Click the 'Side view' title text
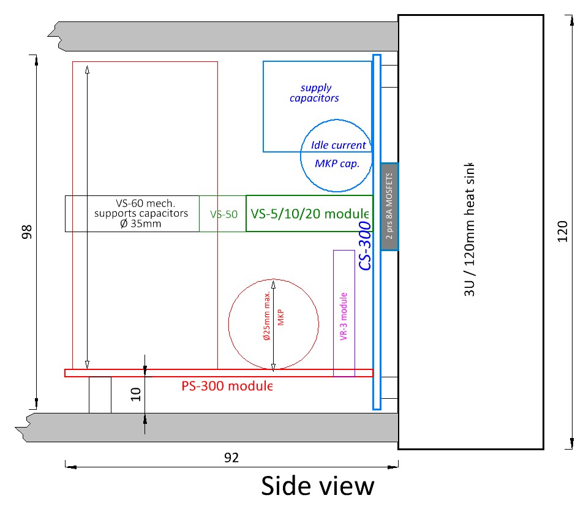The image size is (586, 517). coord(317,486)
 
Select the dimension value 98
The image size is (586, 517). coord(26,232)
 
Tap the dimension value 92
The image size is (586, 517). coord(231,458)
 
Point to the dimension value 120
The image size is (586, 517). coord(563,231)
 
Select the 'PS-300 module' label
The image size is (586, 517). coord(227,387)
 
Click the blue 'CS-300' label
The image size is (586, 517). coord(365,246)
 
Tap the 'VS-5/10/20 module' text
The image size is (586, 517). coord(310,214)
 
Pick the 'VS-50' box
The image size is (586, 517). coord(223,214)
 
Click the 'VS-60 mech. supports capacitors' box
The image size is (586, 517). coord(132,214)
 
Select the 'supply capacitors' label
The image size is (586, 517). coord(315,93)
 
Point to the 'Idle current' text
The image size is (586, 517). coord(339,145)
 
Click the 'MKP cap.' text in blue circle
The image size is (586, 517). coord(336,164)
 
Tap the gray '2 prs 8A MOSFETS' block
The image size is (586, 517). coord(389,207)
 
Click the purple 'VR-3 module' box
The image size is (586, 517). coord(344,313)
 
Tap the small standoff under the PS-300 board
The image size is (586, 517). coord(100,395)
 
